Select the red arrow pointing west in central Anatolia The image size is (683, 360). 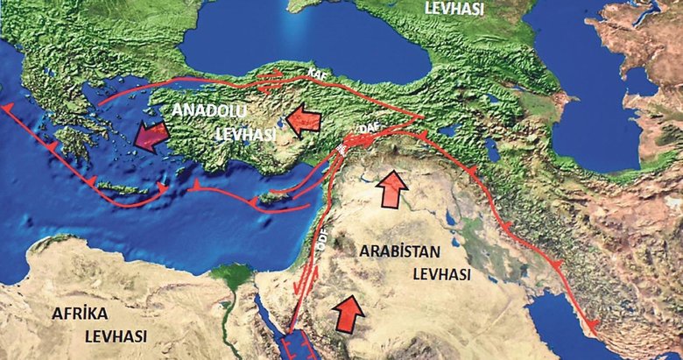click(302, 117)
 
